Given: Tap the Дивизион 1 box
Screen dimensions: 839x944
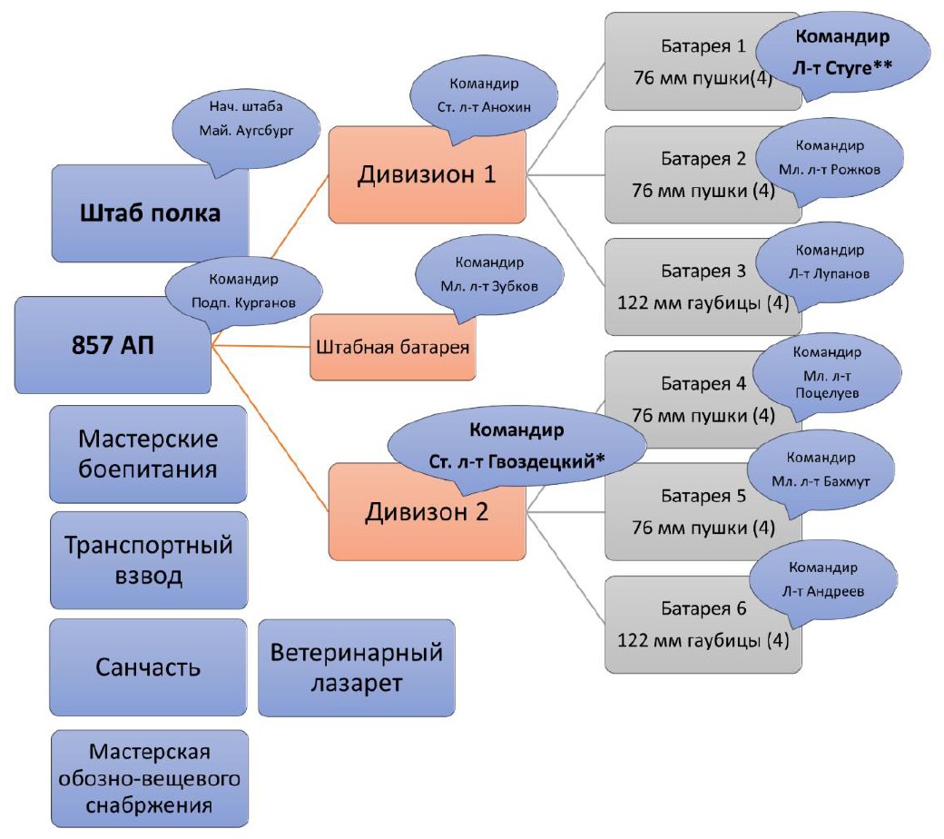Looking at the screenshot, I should point(427,175).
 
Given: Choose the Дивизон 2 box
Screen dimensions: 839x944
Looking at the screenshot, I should point(427,512).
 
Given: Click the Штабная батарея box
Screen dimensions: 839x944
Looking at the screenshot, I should point(394,348).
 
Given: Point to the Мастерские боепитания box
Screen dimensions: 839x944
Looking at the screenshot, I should point(148,454).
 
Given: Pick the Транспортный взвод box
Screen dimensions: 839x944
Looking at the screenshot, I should point(148,560).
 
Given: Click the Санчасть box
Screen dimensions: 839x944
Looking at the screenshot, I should point(148,667).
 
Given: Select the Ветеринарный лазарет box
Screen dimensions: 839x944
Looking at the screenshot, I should point(356,667).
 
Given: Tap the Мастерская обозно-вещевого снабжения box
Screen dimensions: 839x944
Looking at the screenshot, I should point(148,779).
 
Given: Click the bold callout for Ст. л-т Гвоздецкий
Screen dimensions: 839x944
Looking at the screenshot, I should point(516,445).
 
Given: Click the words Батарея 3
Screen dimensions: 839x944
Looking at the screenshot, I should point(703,271).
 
